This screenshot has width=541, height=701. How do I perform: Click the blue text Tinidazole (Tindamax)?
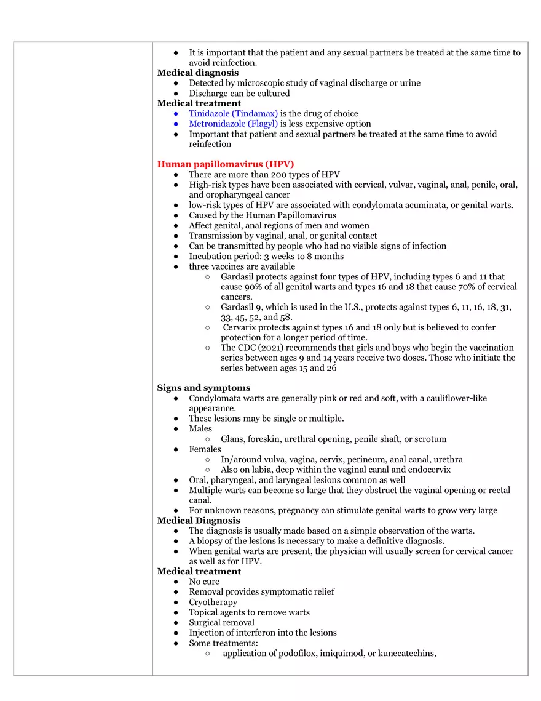click(234, 114)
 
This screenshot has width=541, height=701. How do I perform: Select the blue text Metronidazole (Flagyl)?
click(234, 124)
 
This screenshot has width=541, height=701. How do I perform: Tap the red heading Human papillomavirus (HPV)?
click(226, 164)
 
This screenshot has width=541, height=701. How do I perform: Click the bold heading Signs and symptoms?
click(203, 388)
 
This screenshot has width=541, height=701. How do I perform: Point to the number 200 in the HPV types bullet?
click(279, 175)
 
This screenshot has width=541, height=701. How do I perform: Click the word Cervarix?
click(241, 327)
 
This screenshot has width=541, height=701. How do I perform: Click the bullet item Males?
click(200, 428)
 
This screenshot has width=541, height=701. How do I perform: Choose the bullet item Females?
click(205, 449)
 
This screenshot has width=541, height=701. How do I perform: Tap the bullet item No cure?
click(204, 582)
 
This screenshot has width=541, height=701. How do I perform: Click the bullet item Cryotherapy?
click(213, 602)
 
